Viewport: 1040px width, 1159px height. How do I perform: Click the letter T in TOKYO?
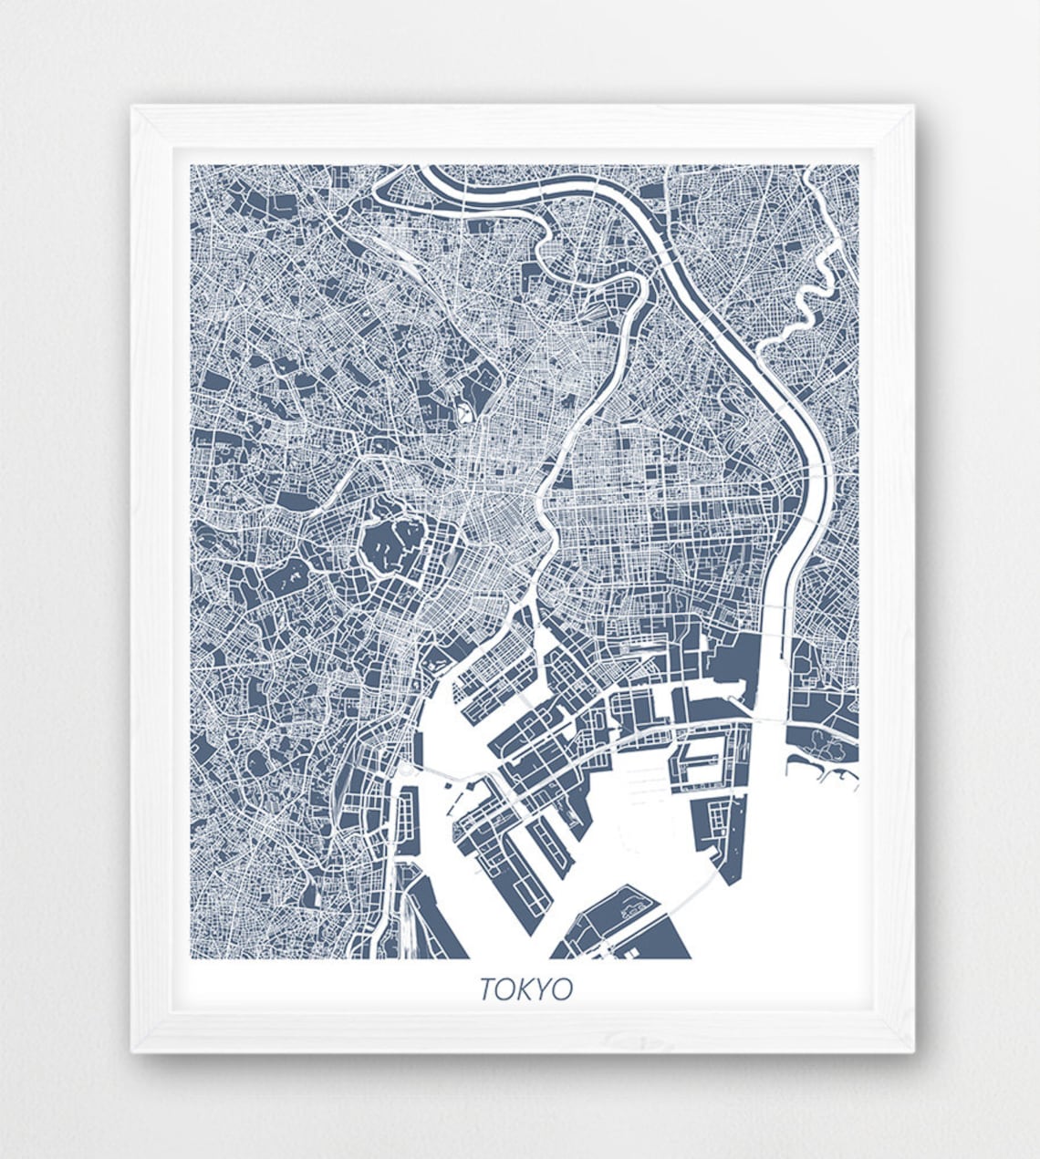coord(487,989)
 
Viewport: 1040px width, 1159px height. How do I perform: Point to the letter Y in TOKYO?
coord(544,989)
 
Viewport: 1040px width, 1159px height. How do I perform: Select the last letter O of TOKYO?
coord(563,989)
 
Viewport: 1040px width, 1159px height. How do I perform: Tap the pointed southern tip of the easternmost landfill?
coord(730,879)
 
